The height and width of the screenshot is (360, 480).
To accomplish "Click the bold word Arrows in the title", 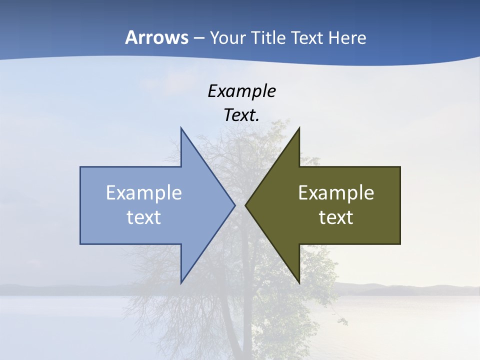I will click(156, 37).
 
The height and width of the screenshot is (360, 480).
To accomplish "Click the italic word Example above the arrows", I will click(242, 91).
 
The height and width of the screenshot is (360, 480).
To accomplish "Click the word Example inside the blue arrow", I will click(144, 192).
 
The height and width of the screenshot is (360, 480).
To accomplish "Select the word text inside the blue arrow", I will click(144, 217).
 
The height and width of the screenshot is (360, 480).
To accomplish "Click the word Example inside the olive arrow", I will click(336, 192).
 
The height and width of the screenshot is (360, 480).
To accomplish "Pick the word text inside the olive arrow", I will click(336, 217).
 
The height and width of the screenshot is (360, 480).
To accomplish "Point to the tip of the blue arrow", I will click(235, 205).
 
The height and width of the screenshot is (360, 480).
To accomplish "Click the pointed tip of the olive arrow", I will click(245, 205).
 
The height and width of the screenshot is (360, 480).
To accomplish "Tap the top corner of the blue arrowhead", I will click(181, 127).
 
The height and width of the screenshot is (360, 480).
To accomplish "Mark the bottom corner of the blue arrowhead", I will click(181, 283).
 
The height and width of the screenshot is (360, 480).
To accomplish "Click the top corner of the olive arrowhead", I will click(299, 127).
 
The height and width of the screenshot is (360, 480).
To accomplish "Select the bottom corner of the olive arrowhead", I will click(299, 283).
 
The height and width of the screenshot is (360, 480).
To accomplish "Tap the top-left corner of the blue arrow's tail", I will click(80, 167).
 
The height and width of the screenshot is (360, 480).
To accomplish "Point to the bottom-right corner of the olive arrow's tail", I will click(400, 244).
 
